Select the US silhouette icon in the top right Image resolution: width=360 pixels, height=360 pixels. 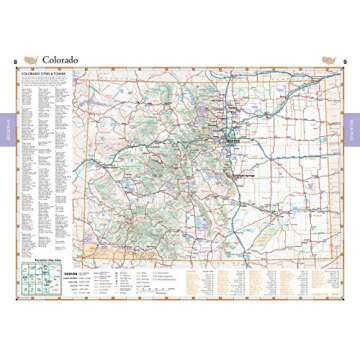(x=328, y=58)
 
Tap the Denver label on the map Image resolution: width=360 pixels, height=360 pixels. (x=237, y=140)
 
